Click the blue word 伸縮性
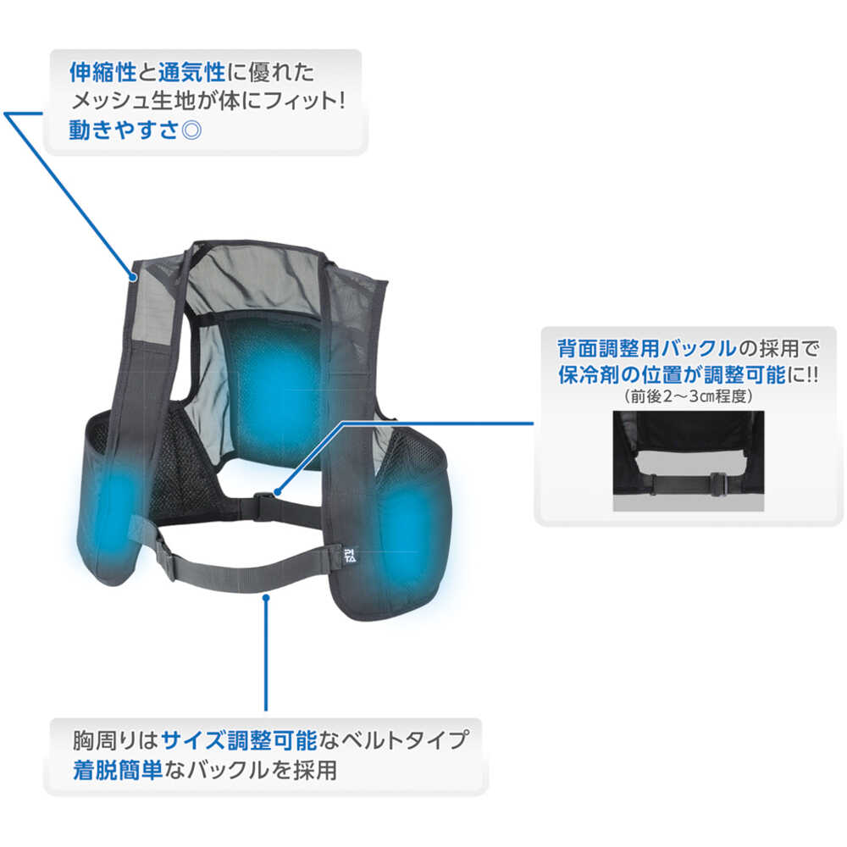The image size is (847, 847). [x=102, y=72]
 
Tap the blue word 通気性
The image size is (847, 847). [x=191, y=72]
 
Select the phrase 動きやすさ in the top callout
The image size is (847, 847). [x=124, y=130]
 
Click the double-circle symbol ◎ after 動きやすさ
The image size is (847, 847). [x=191, y=130]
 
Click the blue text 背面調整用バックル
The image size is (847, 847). [x=647, y=348]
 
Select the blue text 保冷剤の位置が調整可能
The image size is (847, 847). [x=672, y=374]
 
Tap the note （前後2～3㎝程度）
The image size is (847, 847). [x=688, y=396]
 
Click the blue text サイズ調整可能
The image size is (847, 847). [x=239, y=740]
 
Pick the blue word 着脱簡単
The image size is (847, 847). [x=117, y=770]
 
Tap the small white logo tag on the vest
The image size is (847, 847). [x=350, y=556]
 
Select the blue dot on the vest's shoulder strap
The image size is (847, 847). [x=133, y=278]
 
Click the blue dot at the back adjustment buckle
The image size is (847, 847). [x=278, y=492]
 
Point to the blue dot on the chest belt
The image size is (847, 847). [x=266, y=597]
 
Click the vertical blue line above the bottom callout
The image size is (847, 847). [x=266, y=654]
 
